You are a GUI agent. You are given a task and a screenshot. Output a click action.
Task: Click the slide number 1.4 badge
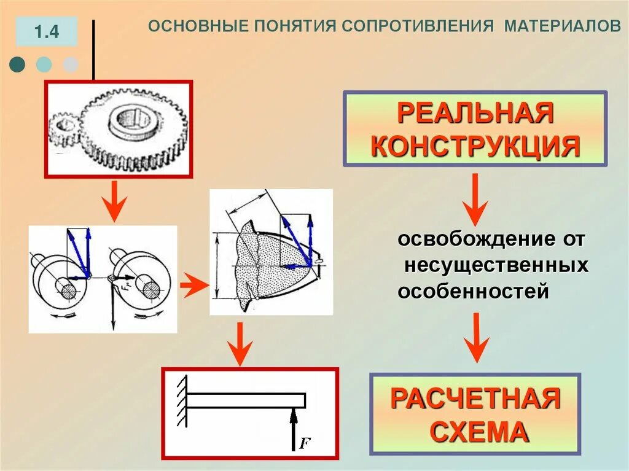(x=47, y=32)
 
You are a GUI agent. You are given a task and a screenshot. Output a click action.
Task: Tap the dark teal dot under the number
(x=18, y=64)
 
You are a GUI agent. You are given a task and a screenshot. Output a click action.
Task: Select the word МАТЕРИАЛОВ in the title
(x=563, y=27)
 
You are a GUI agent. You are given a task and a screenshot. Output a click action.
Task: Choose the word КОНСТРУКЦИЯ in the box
(x=475, y=147)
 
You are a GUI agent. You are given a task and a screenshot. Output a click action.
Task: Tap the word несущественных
(x=496, y=265)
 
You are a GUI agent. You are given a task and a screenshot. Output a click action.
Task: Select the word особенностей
(x=473, y=291)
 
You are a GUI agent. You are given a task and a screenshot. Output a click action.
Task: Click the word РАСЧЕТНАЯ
(x=475, y=399)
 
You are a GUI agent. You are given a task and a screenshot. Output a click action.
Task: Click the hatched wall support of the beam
(x=182, y=400)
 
